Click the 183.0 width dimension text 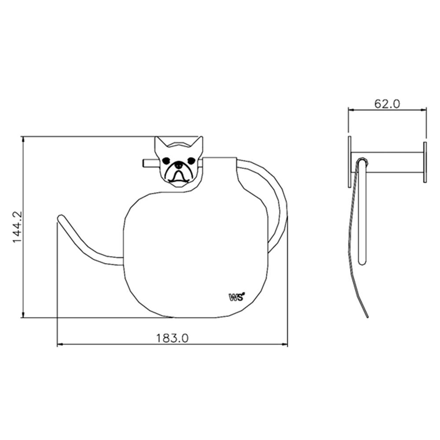tap(172, 338)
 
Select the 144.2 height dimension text tap(17, 227)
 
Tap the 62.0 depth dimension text tap(387, 104)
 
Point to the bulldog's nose tap(179, 165)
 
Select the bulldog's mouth tap(179, 176)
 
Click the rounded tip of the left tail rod tap(61, 217)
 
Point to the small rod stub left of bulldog tap(149, 163)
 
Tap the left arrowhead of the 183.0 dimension tap(60, 345)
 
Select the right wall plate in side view tap(425, 162)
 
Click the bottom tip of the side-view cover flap tap(367, 316)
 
